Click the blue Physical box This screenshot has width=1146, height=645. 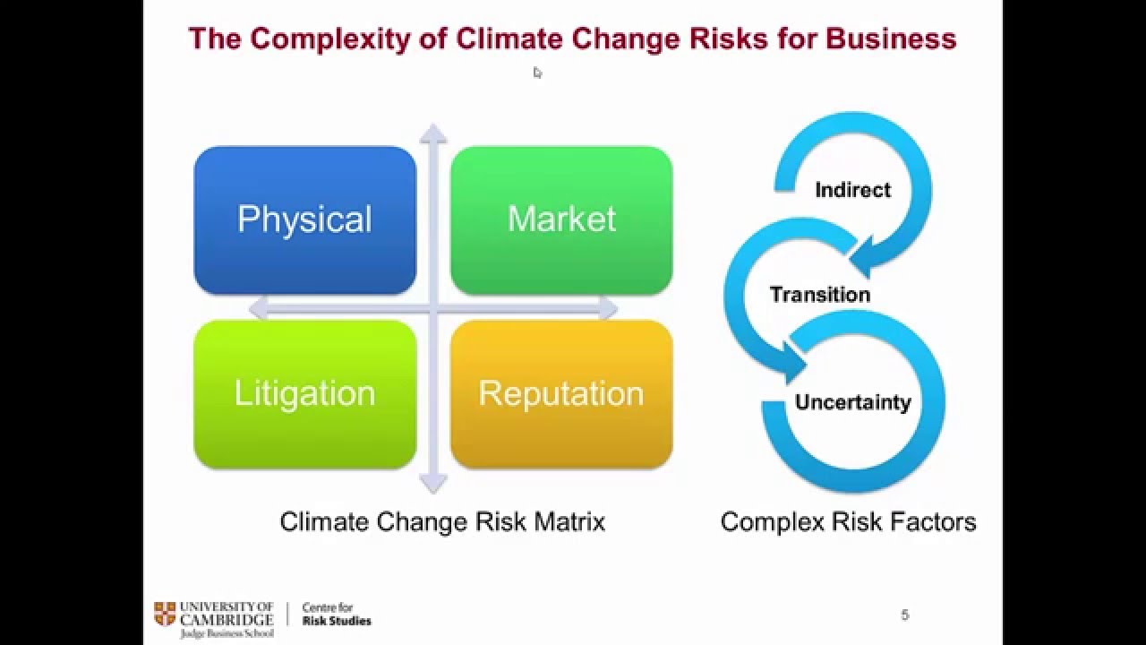point(305,220)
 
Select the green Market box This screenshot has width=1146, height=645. point(561,220)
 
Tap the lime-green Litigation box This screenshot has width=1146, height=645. point(305,394)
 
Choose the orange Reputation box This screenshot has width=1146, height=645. point(561,394)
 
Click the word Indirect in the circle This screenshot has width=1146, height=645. point(853,190)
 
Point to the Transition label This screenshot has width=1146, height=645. point(820,295)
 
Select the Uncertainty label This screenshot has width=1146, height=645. point(853,402)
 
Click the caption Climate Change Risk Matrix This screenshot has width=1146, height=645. point(442,522)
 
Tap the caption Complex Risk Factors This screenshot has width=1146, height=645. point(848,522)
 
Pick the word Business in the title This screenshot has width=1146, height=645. point(891,39)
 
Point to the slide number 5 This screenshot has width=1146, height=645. point(905,615)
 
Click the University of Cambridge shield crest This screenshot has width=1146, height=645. point(165,614)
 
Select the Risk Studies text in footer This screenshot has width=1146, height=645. point(337,621)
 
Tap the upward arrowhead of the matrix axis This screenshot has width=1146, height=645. point(433,133)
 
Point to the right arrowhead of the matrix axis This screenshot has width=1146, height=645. point(609,308)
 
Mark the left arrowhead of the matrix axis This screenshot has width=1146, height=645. point(259,308)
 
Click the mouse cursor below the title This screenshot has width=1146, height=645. point(537,73)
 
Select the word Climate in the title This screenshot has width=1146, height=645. point(509,39)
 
